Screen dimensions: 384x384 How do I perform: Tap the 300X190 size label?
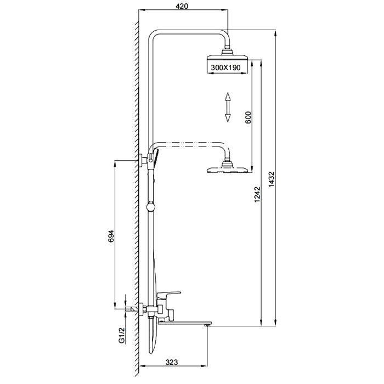click(227, 67)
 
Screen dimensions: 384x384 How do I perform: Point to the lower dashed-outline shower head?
click(226, 168)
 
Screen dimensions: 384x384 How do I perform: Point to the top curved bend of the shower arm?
click(155, 33)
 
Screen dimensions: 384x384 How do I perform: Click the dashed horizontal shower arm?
click(189, 144)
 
